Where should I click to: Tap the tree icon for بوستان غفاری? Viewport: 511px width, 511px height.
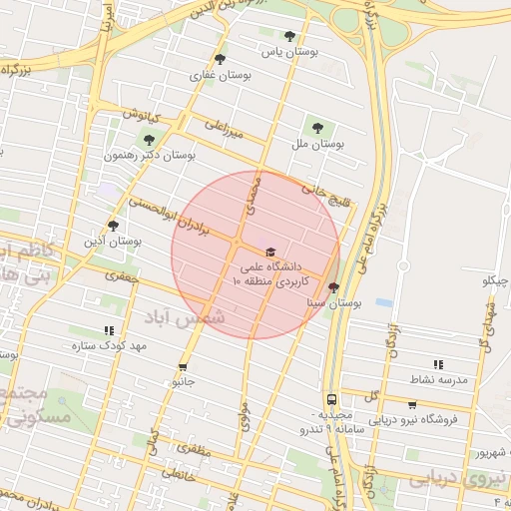click(220, 59)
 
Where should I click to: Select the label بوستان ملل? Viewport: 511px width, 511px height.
click(317, 144)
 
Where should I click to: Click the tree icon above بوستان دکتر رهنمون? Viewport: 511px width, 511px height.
click(149, 140)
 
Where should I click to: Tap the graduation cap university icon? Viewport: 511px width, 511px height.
click(269, 252)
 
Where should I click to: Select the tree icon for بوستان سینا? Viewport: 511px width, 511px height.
click(332, 286)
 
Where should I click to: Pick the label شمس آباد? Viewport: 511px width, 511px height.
click(186, 317)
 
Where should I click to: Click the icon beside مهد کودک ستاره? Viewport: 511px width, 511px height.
click(109, 330)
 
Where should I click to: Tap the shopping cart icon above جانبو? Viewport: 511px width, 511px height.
click(183, 366)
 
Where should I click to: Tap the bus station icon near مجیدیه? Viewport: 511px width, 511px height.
click(331, 398)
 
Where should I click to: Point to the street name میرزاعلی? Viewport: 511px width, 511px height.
click(225, 128)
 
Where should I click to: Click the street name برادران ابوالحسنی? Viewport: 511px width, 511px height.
click(174, 217)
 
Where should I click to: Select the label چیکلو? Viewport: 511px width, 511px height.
click(496, 280)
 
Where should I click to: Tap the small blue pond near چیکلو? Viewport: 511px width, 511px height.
click(384, 301)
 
